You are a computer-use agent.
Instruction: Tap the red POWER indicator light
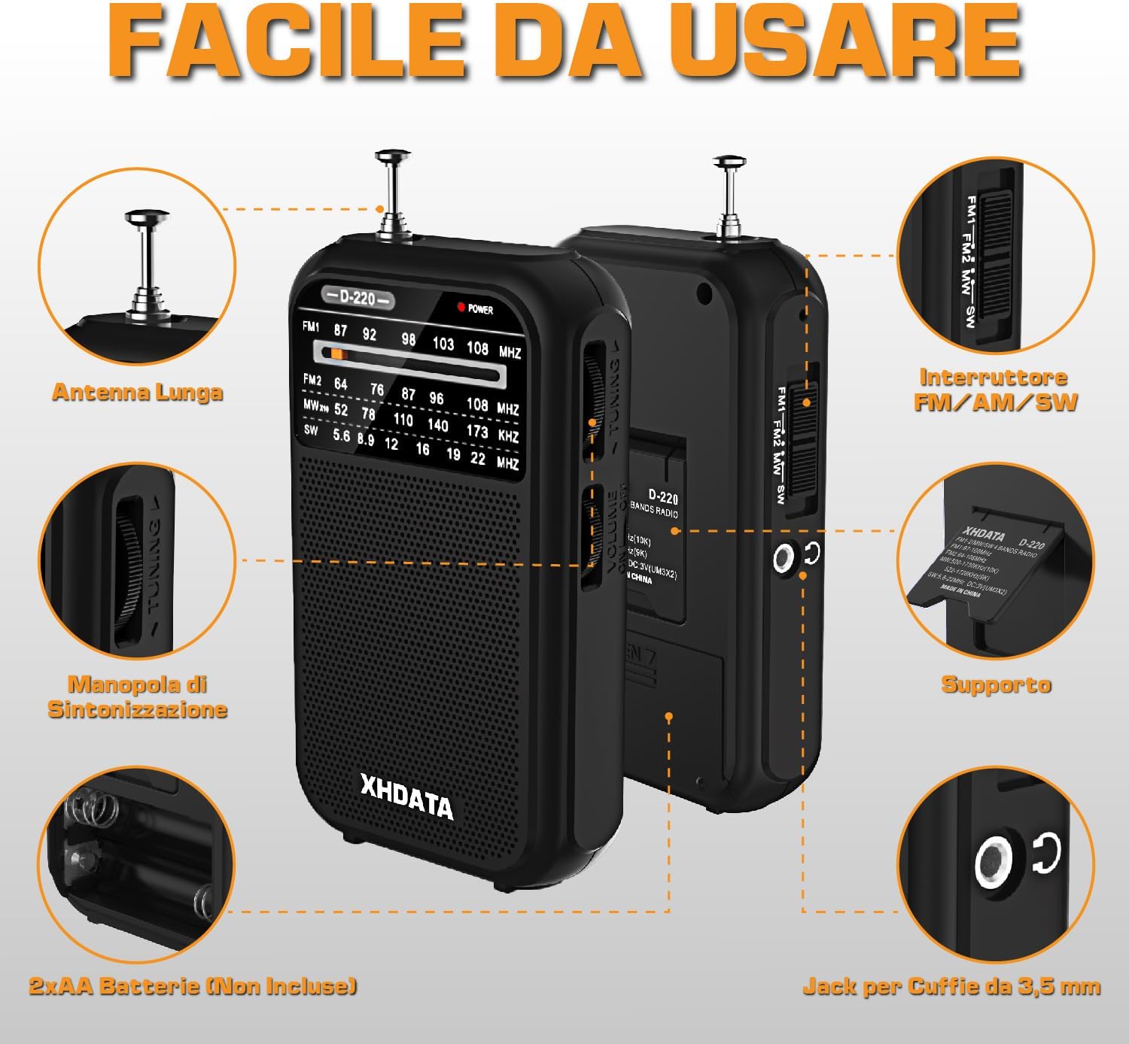tap(461, 307)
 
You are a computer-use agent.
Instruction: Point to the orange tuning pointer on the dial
tap(336, 353)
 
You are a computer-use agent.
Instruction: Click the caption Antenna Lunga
tap(137, 392)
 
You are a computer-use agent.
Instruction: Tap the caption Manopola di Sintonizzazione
tap(137, 697)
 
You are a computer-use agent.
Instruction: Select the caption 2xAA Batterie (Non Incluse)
tap(193, 985)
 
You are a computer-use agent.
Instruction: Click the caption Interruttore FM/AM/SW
tap(995, 389)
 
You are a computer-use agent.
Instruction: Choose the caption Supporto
tap(995, 684)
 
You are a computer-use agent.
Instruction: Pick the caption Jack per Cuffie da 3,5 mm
tap(951, 986)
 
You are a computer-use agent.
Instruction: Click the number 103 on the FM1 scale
tap(443, 344)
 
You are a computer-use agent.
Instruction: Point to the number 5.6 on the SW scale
tap(341, 435)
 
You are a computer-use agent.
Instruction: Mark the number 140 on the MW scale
tap(437, 425)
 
